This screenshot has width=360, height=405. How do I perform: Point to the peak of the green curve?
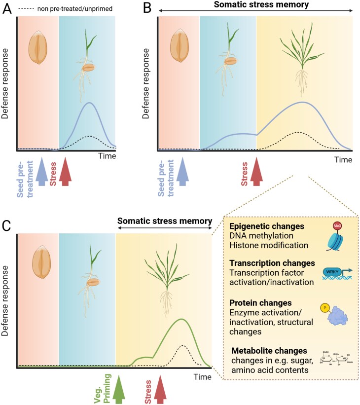pos(183,320)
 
